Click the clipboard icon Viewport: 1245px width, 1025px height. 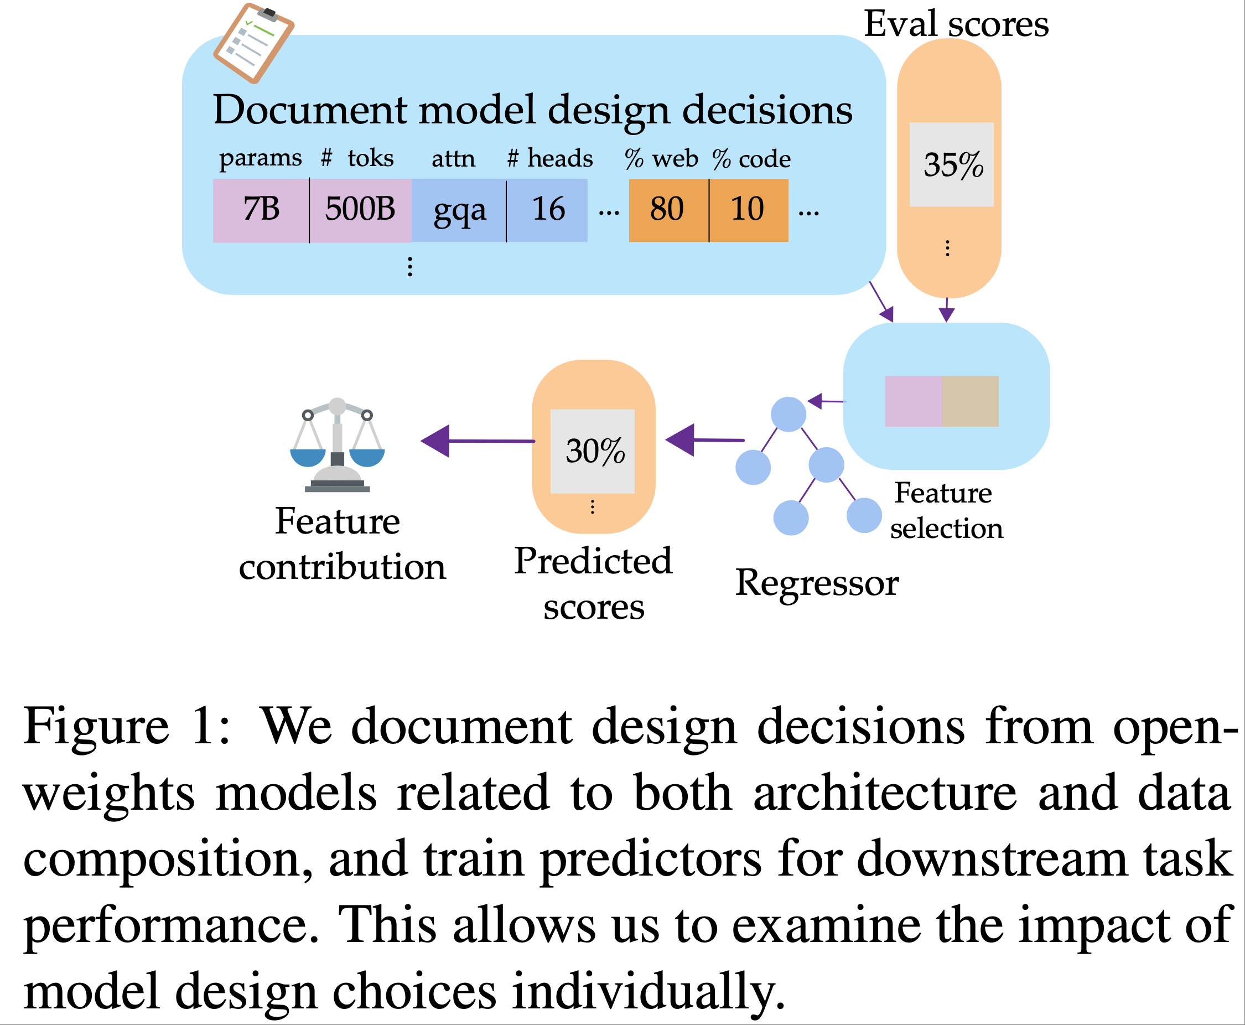click(253, 43)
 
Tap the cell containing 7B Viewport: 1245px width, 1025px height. click(261, 210)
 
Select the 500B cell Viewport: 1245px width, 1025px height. click(360, 210)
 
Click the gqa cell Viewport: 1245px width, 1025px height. click(459, 210)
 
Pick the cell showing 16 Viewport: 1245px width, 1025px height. click(548, 210)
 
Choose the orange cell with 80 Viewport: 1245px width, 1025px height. click(668, 210)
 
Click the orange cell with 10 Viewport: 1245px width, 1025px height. click(748, 210)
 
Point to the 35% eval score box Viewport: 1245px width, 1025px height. click(951, 165)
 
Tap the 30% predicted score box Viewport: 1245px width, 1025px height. click(592, 451)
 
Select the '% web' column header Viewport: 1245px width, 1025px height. click(661, 159)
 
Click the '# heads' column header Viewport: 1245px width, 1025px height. click(549, 158)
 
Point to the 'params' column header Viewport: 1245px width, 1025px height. click(260, 158)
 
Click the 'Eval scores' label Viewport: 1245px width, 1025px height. click(956, 24)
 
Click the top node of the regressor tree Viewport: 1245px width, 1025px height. click(788, 414)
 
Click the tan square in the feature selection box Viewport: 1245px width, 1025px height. click(969, 401)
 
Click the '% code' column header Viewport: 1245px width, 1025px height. click(751, 159)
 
